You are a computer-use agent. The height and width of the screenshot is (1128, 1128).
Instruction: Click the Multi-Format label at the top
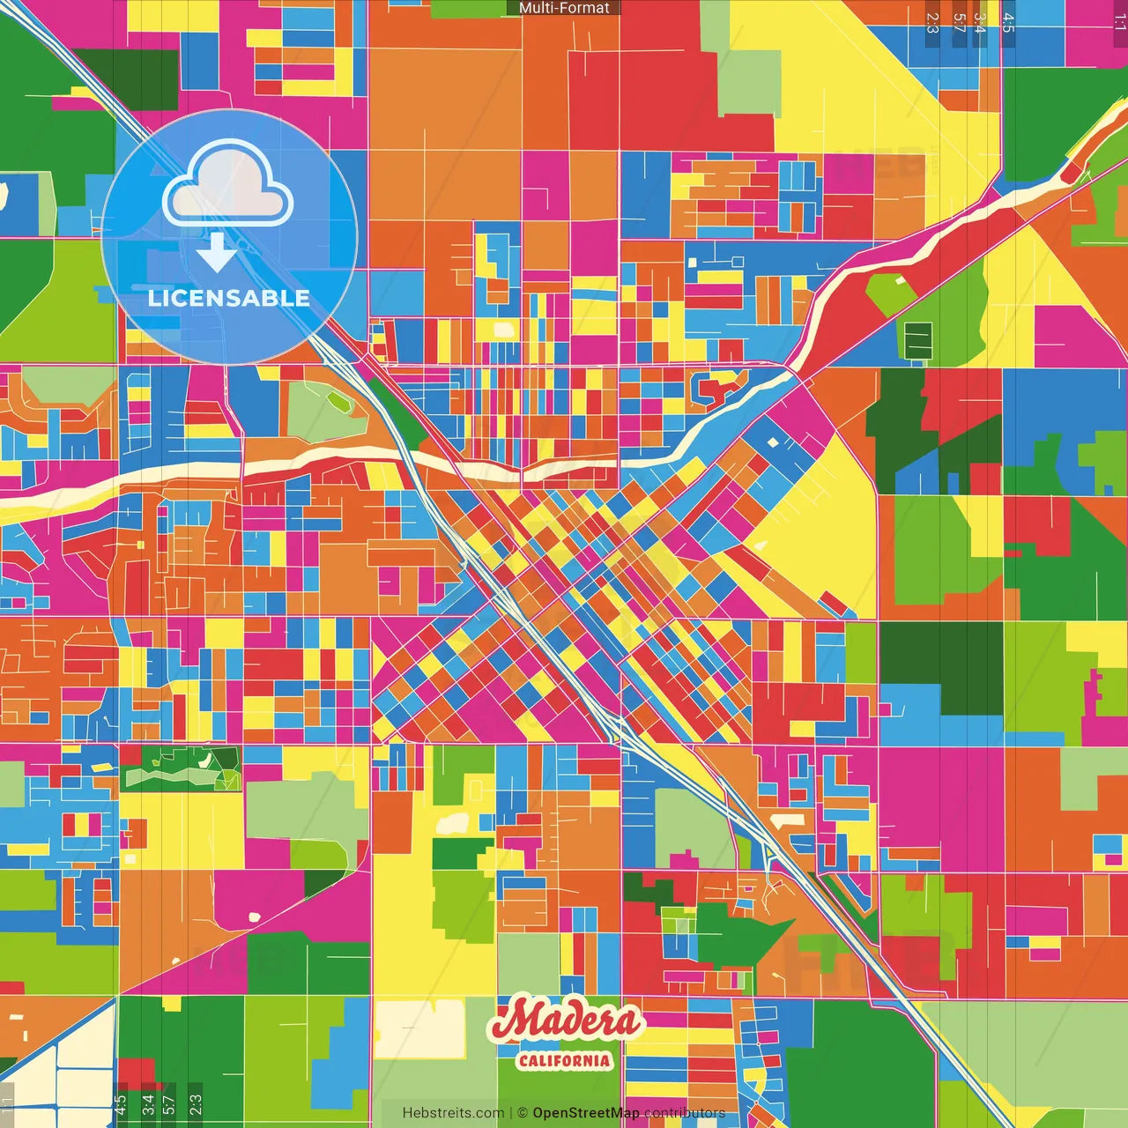click(564, 8)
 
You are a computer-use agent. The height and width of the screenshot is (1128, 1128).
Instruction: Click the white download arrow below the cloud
click(216, 253)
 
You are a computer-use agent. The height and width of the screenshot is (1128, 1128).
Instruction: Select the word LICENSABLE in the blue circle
click(229, 298)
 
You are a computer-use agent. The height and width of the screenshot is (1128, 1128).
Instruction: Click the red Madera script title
click(566, 1020)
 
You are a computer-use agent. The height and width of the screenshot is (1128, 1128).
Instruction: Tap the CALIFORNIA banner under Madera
click(564, 1060)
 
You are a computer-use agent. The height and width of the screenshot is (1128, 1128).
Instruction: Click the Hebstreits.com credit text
click(453, 1113)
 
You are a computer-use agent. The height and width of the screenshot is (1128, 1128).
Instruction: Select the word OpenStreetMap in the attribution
click(585, 1113)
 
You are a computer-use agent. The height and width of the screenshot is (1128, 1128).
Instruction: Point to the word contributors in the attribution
click(685, 1113)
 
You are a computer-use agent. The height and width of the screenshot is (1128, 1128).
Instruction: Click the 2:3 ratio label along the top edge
click(932, 23)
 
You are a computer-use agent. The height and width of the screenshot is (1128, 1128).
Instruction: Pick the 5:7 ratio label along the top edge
click(959, 23)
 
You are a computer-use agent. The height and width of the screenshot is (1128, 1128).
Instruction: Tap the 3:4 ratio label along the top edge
click(980, 23)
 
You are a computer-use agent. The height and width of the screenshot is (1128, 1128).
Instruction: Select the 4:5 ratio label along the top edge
click(1008, 23)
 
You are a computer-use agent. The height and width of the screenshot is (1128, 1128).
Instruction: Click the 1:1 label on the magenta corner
click(1119, 23)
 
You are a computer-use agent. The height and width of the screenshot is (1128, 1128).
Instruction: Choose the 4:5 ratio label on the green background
click(121, 1104)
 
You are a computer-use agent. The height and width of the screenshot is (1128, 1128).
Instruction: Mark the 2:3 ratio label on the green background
click(195, 1104)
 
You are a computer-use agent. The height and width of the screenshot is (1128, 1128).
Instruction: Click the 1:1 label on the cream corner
click(7, 1104)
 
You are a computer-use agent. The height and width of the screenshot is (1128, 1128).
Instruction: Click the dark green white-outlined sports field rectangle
click(918, 341)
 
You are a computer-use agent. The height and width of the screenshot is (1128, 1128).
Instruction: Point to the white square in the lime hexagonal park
click(900, 281)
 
